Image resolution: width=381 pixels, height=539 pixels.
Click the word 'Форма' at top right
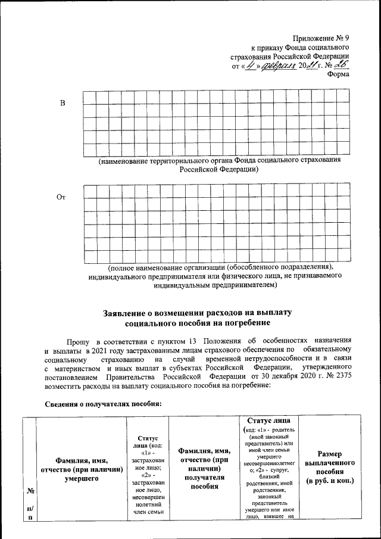click(338, 74)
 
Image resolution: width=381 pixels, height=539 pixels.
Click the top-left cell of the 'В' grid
click(89, 97)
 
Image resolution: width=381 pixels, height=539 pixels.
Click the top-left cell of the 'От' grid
click(90, 191)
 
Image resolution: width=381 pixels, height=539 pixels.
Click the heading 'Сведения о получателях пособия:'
click(103, 404)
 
